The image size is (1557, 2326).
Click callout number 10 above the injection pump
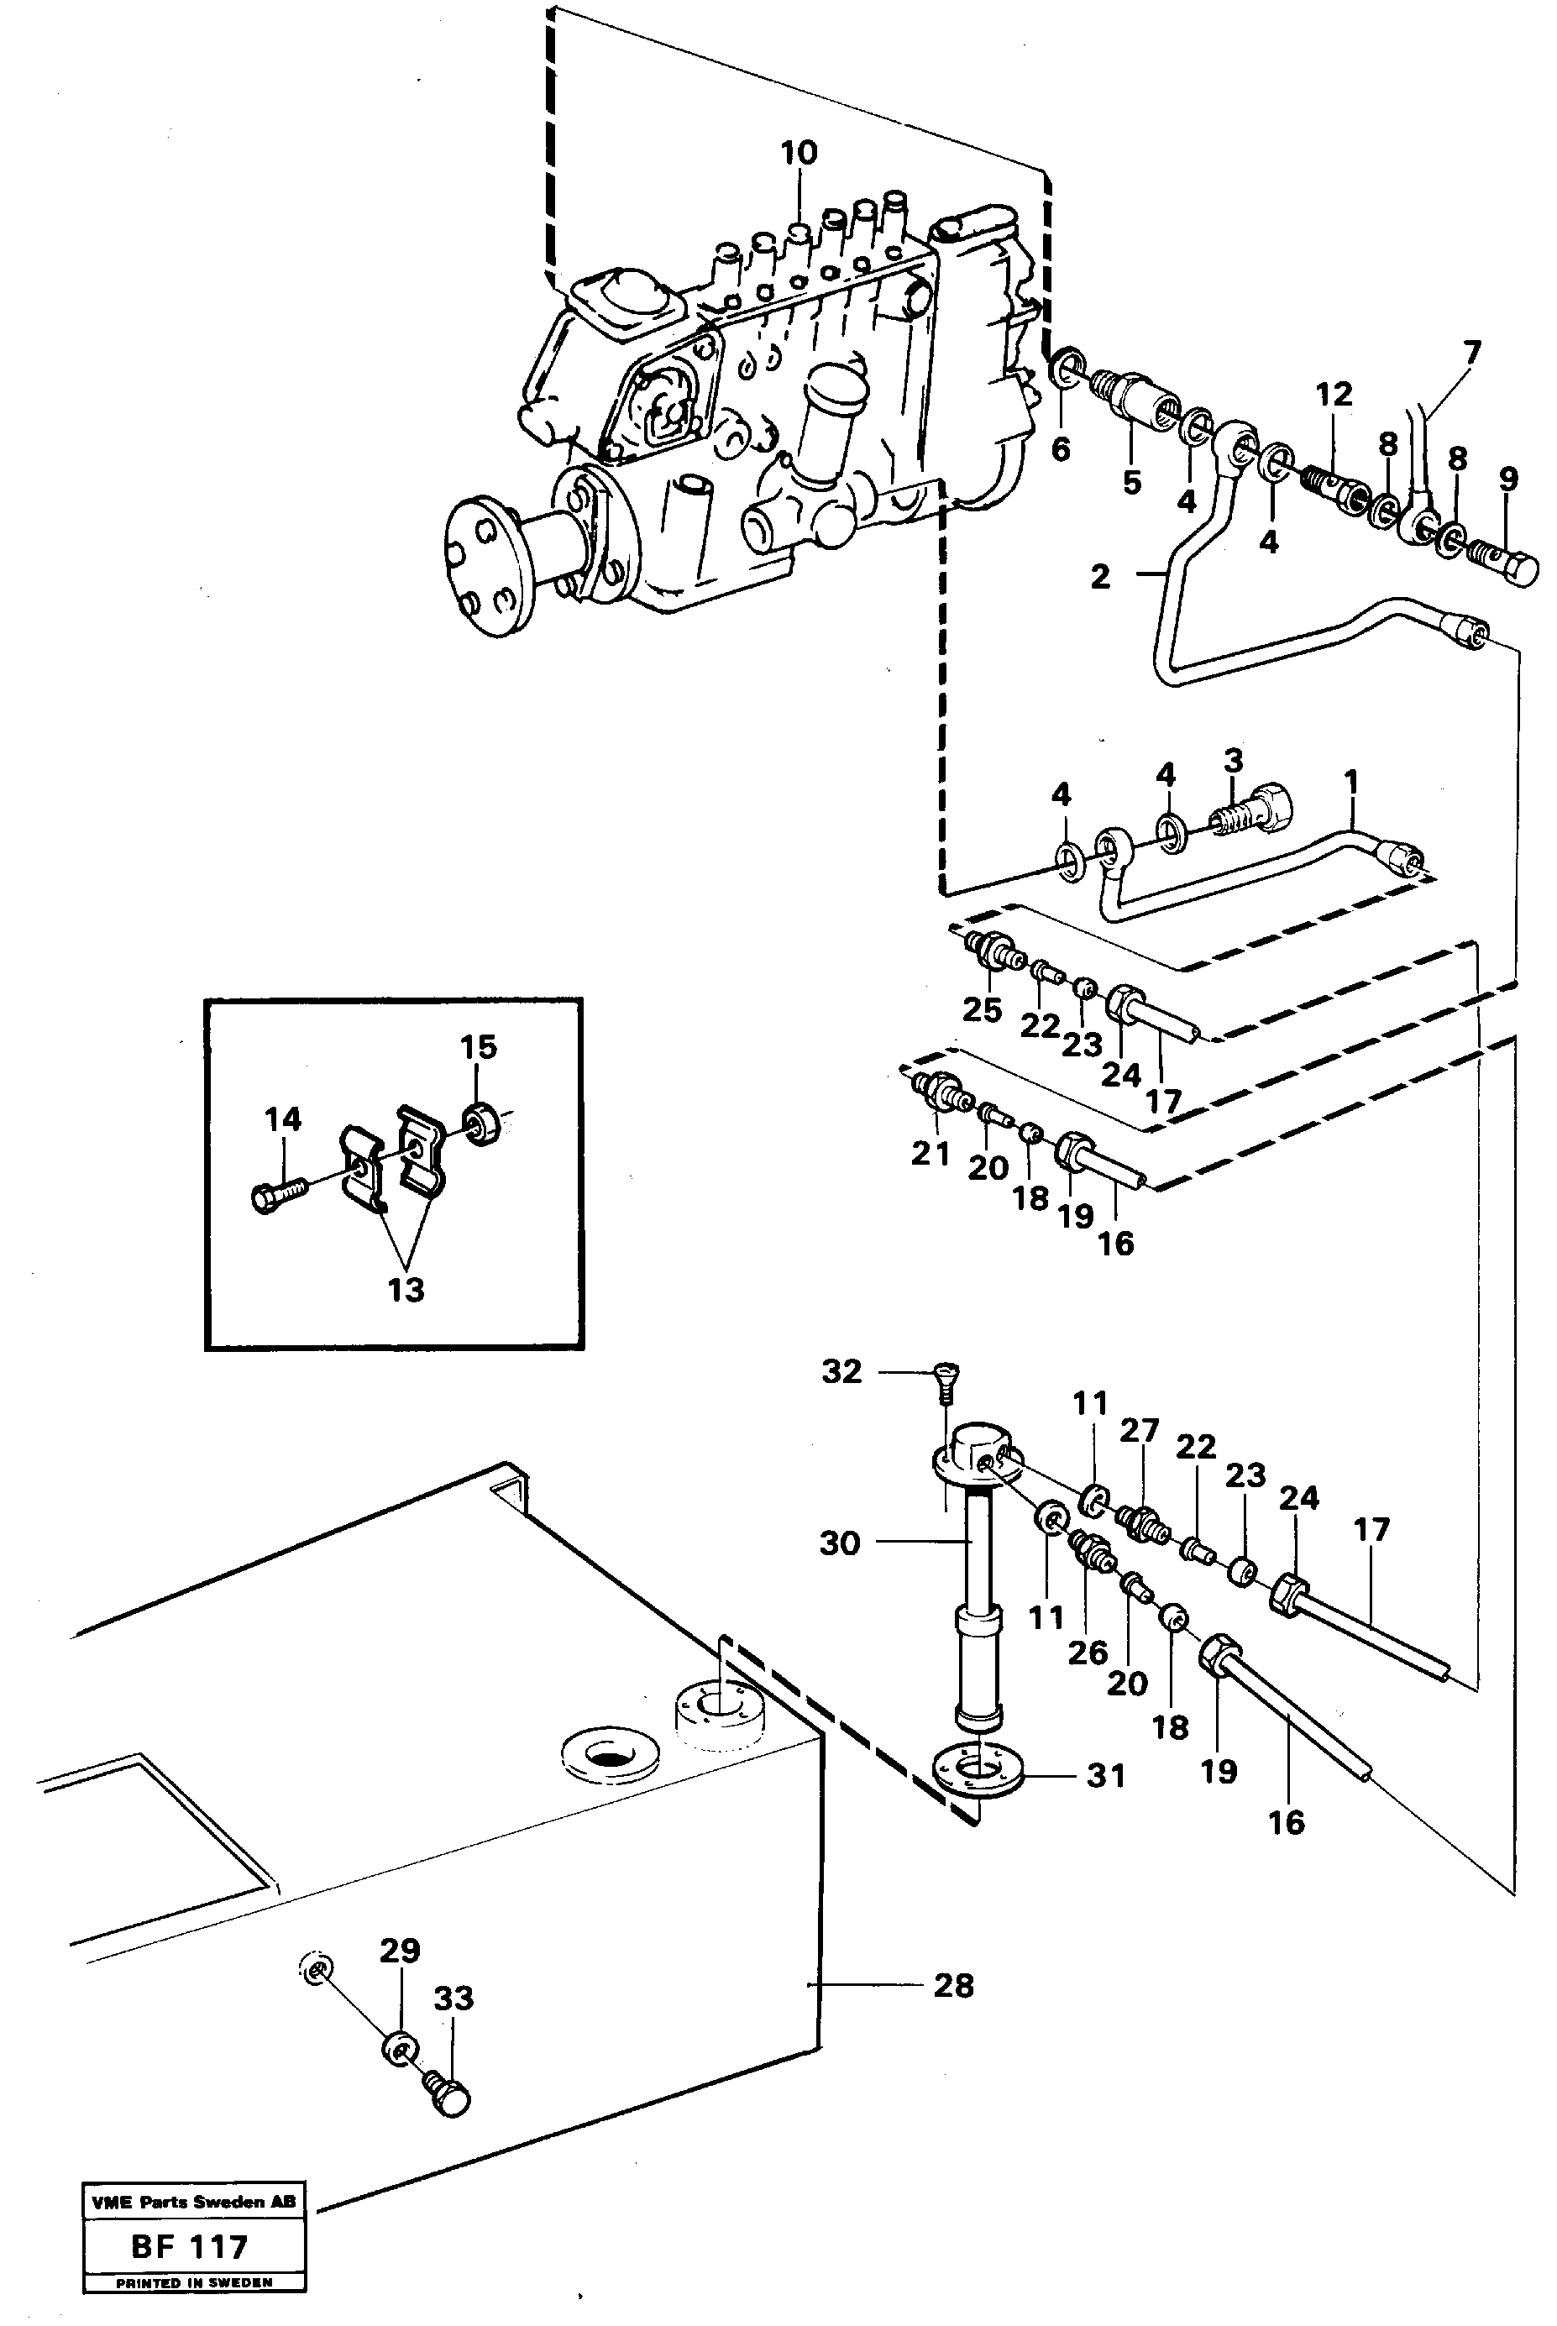[799, 153]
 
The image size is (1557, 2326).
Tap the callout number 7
[1471, 353]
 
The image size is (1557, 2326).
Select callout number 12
[1334, 394]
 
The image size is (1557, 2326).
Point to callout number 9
[1508, 479]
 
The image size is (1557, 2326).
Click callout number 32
[842, 1371]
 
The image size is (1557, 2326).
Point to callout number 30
[839, 1543]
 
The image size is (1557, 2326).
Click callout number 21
[931, 1153]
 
